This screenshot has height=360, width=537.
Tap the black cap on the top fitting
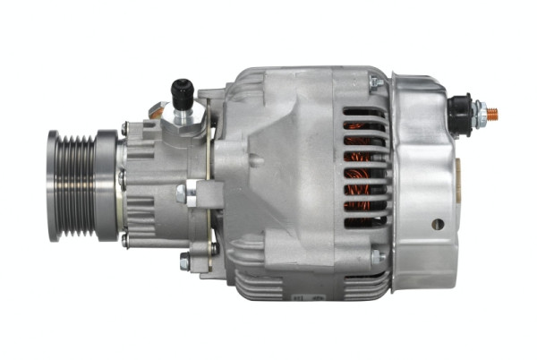[183, 90]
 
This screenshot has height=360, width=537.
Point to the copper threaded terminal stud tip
[491, 115]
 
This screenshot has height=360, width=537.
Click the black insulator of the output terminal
[462, 116]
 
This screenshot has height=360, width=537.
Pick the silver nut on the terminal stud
[480, 115]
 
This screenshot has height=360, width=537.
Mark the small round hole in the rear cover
[437, 224]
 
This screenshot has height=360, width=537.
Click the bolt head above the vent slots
[375, 84]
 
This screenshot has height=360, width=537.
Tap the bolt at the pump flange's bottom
[184, 262]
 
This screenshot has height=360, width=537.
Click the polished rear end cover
[421, 179]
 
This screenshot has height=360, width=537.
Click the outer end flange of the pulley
[52, 185]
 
